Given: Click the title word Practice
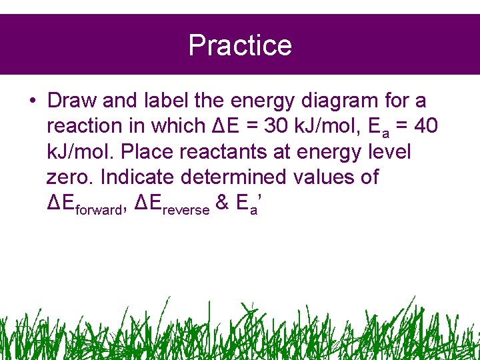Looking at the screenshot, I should (x=240, y=45).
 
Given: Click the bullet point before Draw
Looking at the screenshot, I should (x=32, y=101).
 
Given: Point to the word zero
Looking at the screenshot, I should (x=71, y=177).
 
